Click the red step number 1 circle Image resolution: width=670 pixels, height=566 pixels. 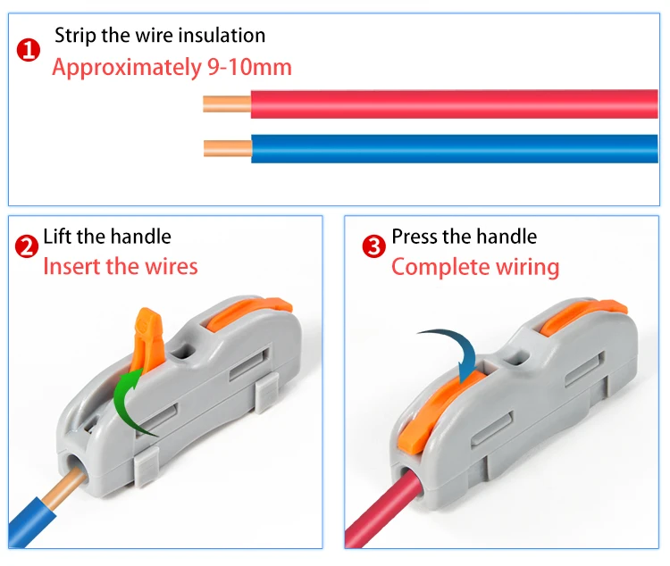point(29,50)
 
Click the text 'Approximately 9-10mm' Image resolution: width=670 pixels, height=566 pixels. point(172,68)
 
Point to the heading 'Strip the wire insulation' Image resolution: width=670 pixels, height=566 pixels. point(160,36)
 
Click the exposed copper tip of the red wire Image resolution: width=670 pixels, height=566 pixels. point(227,104)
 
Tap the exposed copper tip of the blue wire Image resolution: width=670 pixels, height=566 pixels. point(227,147)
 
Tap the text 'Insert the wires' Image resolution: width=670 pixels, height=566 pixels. point(121,266)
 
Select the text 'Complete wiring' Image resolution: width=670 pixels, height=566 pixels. point(475,266)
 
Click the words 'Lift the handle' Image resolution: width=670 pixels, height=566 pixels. point(107,237)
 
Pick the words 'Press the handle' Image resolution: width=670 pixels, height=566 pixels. point(465,237)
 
